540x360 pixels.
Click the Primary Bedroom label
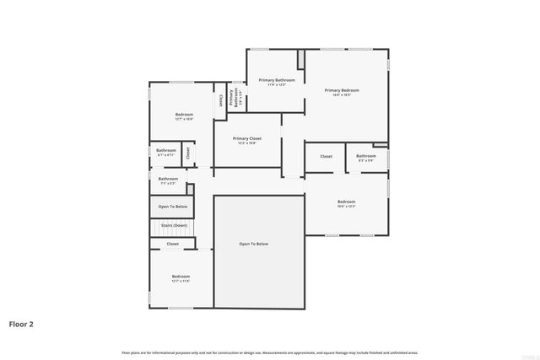tap(343, 90)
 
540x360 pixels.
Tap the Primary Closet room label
tap(247, 138)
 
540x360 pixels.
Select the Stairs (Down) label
tap(172, 226)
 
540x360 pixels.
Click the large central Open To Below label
tap(253, 244)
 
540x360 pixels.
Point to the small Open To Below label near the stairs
tap(172, 207)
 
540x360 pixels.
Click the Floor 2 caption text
tap(21, 323)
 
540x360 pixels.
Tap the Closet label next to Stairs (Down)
tap(172, 244)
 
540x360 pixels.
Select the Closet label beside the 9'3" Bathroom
tap(326, 156)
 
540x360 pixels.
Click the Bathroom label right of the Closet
tap(366, 156)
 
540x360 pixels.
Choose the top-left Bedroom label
tap(184, 114)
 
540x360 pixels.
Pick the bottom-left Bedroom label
tap(181, 277)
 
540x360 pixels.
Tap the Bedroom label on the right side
tap(346, 201)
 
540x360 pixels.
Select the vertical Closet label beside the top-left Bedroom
tap(221, 99)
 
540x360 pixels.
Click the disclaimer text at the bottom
tap(270, 352)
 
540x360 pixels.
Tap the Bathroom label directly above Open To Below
tap(168, 178)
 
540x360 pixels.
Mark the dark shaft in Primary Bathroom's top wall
tap(300, 60)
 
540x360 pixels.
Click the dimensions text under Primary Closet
tap(247, 143)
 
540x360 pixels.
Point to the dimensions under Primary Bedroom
tap(343, 95)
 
